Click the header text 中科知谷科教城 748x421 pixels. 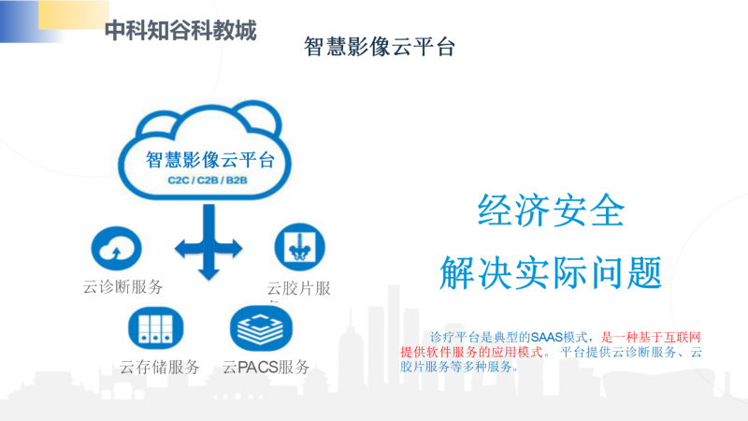[x=180, y=31]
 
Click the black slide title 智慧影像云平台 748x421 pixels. [x=380, y=47]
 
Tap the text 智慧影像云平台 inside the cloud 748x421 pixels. [x=209, y=160]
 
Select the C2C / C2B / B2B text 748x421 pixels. [x=208, y=181]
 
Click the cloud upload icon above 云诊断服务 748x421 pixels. [x=116, y=248]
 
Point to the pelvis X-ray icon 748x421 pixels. [x=299, y=247]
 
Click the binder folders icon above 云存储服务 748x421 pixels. [x=155, y=328]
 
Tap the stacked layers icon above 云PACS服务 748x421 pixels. [x=261, y=328]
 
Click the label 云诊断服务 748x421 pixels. [x=122, y=287]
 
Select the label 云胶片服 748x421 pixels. [x=298, y=288]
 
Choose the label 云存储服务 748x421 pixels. [x=159, y=367]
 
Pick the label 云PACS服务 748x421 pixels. [x=266, y=367]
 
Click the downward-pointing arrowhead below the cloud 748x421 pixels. [x=209, y=274]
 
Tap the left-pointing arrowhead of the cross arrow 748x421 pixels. [x=181, y=248]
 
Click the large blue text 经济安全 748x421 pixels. [x=551, y=210]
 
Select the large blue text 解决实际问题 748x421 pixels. [x=551, y=272]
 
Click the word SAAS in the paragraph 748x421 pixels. [x=547, y=338]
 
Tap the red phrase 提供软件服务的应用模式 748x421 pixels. [x=471, y=353]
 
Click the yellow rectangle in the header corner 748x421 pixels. [x=74, y=14]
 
